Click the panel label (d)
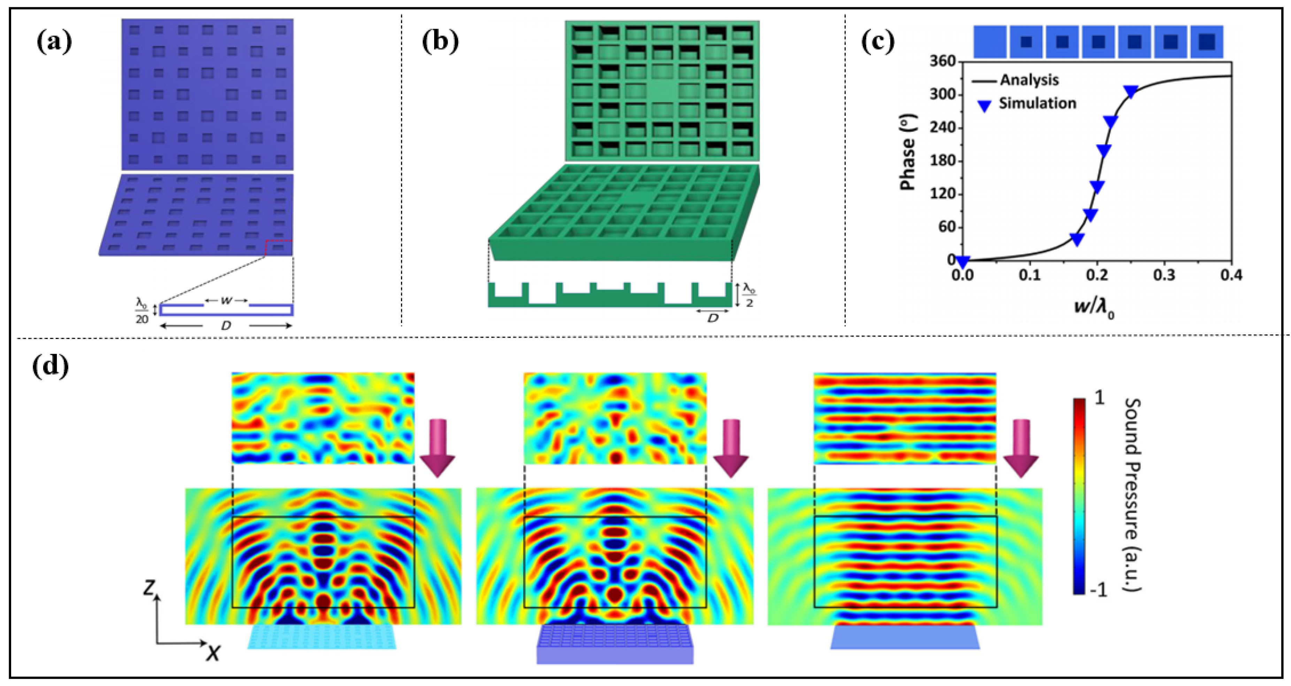pos(50,368)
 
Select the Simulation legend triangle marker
pos(985,105)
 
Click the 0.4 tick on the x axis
pos(1231,276)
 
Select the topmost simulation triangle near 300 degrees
pos(1131,92)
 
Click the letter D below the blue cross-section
pos(226,326)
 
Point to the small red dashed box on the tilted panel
pos(279,248)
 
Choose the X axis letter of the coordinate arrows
pos(214,653)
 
